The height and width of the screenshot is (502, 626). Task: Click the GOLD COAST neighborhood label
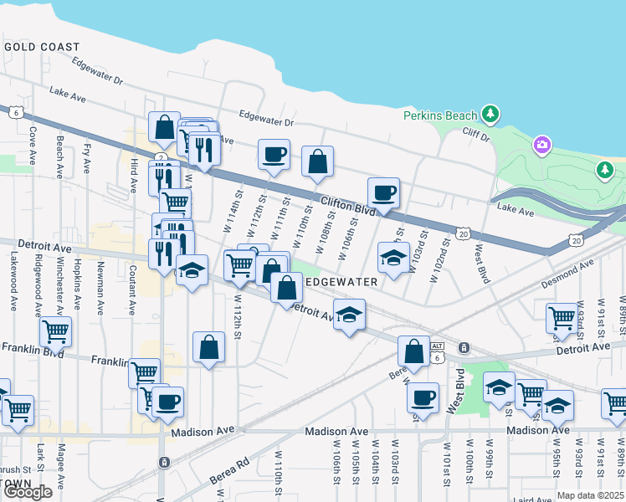click(x=42, y=48)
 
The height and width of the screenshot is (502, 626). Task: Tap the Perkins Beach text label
click(x=440, y=115)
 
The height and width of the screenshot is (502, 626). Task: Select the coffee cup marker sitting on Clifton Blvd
click(x=383, y=193)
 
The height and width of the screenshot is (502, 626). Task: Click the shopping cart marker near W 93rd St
click(x=562, y=318)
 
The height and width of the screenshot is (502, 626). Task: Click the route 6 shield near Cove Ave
click(x=15, y=110)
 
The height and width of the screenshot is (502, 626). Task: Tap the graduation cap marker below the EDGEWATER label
click(x=350, y=315)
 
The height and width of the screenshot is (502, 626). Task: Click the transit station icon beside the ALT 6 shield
click(x=462, y=348)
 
